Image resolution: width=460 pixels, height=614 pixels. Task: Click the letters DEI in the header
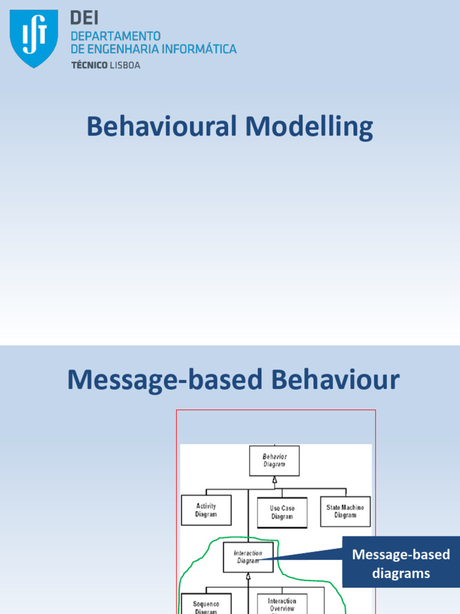point(84,19)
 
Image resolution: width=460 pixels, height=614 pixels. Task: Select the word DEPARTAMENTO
point(116,36)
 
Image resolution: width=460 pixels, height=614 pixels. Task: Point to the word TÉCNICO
point(89,65)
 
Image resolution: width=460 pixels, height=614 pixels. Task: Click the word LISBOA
point(125,65)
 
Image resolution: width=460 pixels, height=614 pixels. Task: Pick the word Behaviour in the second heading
point(336,380)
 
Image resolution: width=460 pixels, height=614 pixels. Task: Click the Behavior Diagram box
point(274,460)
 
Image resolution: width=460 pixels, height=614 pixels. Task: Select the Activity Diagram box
point(206,510)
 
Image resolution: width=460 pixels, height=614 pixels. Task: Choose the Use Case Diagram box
point(282,512)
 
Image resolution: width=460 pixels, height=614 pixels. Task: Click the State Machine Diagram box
point(345,511)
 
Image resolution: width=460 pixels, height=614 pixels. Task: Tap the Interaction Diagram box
point(248,557)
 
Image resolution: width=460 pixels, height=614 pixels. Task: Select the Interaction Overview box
point(282,604)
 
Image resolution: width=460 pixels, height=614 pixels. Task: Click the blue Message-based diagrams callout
point(401,564)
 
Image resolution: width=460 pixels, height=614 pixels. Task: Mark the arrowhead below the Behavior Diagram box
point(275,480)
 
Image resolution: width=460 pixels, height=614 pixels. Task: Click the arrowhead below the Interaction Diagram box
point(248,576)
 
